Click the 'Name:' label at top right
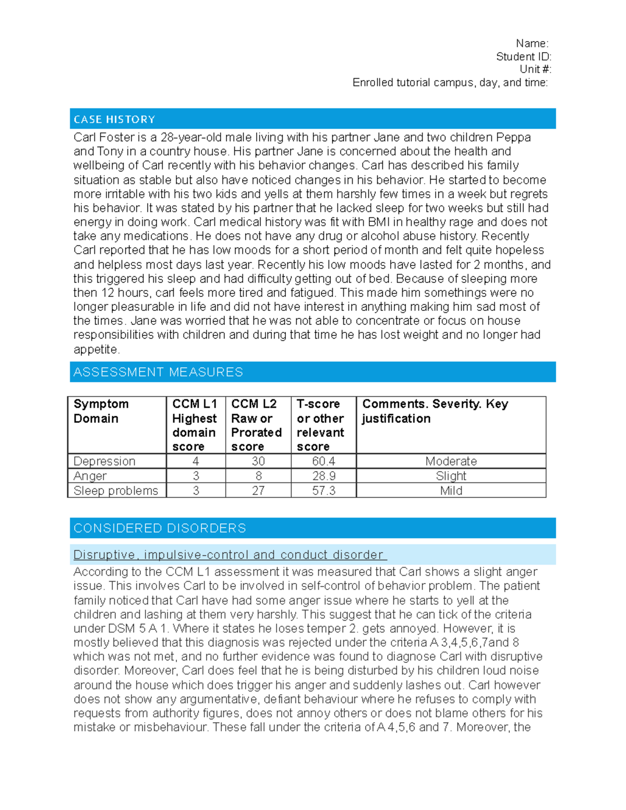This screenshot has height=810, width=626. tap(532, 43)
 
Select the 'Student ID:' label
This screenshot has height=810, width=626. tap(523, 56)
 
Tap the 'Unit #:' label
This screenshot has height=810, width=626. tap(535, 69)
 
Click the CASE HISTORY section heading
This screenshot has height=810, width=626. tap(114, 119)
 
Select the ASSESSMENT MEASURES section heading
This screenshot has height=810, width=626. tap(158, 372)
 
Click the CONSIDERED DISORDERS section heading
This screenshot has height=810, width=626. tap(160, 528)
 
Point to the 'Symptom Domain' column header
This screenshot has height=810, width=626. tap(101, 411)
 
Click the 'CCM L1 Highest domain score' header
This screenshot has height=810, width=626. tap(195, 425)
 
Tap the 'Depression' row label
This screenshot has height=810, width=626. tap(104, 461)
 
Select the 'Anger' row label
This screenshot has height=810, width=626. tap(90, 476)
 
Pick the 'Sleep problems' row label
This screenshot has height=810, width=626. tap(115, 490)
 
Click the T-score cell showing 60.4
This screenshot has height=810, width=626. tap(323, 461)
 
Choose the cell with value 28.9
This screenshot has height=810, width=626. tap(323, 476)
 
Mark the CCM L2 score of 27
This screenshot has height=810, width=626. tap(258, 490)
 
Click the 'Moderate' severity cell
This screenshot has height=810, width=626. tap(451, 461)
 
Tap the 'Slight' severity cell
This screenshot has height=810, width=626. tap(451, 476)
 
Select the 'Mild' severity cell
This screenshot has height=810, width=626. tap(451, 490)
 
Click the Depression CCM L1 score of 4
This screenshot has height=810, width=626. tap(196, 461)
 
